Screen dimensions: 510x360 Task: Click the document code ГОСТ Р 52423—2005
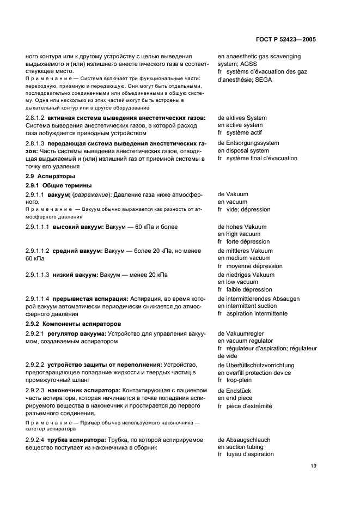pyautogui.click(x=286, y=40)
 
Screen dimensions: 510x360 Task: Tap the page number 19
pyautogui.click(x=313, y=465)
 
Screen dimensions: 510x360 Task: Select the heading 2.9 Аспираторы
pyautogui.click(x=50, y=177)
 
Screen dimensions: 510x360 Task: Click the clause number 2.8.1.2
pyautogui.click(x=35, y=118)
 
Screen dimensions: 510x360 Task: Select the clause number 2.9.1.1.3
pyautogui.click(x=38, y=275)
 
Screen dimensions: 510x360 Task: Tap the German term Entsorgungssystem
pyautogui.click(x=252, y=143)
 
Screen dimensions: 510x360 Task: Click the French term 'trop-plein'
pyautogui.click(x=239, y=380)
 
